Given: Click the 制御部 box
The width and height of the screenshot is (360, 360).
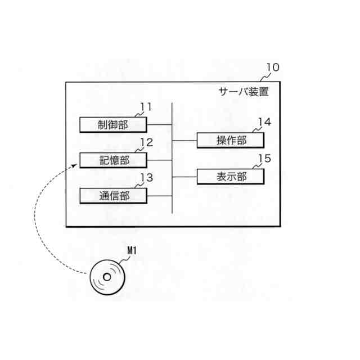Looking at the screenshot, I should (113, 124).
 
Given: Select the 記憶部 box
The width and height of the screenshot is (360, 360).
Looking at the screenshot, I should (113, 160).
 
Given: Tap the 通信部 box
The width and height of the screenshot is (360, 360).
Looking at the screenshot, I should (113, 196).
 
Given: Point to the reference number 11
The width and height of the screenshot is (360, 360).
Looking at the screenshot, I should (146, 106).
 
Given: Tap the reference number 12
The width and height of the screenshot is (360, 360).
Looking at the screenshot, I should (146, 142).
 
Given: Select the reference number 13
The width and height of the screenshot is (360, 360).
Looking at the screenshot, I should (146, 178).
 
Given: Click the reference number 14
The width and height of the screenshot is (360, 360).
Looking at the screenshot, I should (264, 122).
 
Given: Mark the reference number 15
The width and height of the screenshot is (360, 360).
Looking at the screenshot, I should (264, 158).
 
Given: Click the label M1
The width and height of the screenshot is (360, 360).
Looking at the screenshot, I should (130, 253).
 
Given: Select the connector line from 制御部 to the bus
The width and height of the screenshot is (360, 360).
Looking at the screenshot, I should (159, 124).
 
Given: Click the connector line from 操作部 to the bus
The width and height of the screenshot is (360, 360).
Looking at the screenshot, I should (184, 140).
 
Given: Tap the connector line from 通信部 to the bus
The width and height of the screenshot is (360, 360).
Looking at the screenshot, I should (159, 196).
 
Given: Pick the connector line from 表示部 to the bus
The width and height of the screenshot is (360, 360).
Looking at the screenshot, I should (184, 176).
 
